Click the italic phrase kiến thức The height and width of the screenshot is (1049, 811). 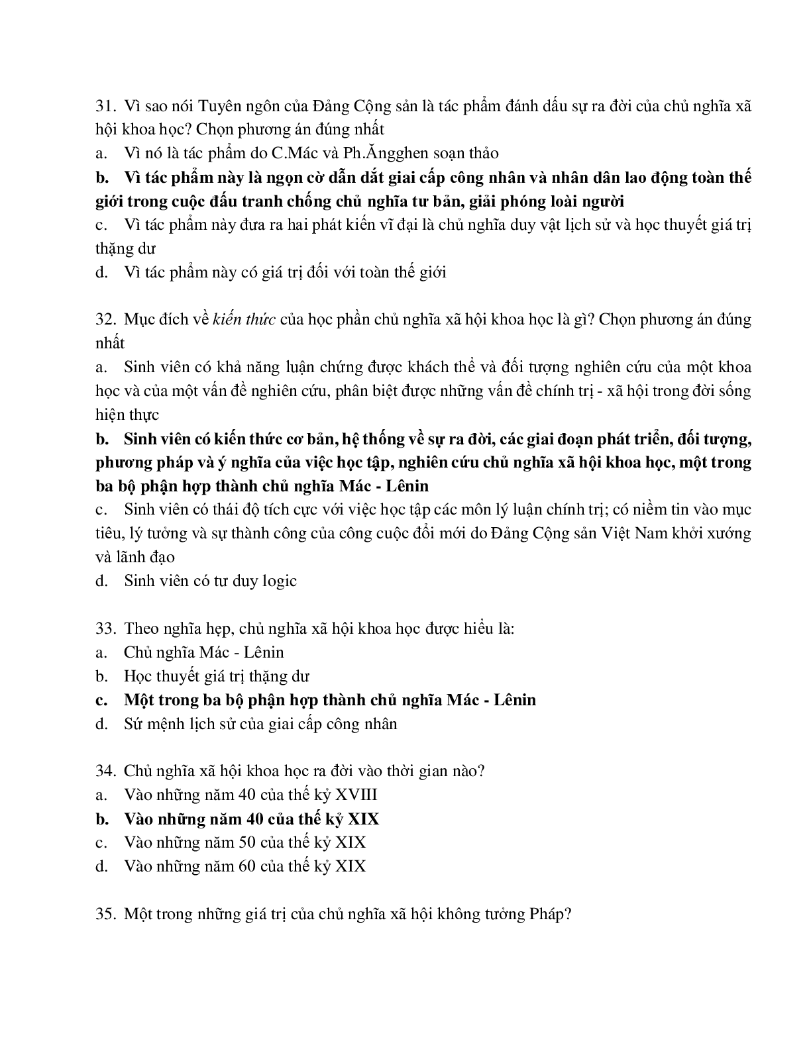click(244, 319)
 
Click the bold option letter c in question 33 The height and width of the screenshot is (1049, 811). click(101, 700)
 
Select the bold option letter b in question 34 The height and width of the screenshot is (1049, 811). click(101, 819)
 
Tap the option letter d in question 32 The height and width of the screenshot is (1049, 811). click(101, 581)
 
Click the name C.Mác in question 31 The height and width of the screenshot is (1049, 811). click(294, 154)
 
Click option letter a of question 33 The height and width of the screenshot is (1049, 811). click(101, 652)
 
